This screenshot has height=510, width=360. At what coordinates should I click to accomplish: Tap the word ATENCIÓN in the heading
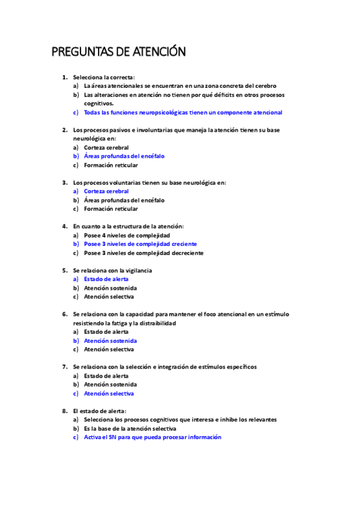point(158,52)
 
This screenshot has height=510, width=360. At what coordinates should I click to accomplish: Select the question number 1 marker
point(64,77)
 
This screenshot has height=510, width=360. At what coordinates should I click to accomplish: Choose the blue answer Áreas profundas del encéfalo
point(124,156)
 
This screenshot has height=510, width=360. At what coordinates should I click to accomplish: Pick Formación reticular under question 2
point(111,165)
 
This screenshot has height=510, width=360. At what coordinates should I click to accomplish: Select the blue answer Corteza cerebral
point(106,191)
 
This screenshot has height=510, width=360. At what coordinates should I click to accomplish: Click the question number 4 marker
point(64,226)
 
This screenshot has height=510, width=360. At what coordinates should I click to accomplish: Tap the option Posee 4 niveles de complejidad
point(127,235)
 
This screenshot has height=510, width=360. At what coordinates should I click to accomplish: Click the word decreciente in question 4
point(182,253)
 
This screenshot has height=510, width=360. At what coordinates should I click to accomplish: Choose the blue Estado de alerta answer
point(106,279)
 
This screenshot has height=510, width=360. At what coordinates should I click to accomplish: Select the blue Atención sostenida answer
point(110,340)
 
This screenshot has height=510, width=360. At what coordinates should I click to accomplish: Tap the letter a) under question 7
point(76,376)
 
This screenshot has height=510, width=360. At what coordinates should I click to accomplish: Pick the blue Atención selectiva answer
point(109,393)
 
